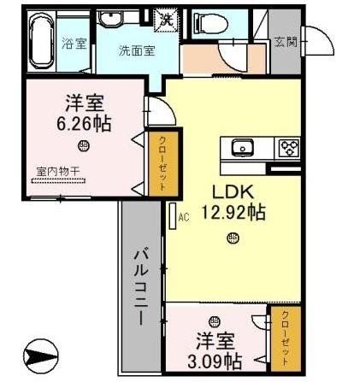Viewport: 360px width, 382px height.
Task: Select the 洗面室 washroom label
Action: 136,49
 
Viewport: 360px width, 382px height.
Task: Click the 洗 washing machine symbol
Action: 168,16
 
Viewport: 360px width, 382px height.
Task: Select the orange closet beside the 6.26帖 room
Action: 158,162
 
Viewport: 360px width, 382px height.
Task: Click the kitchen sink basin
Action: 242,147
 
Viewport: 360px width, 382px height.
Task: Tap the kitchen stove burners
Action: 288,148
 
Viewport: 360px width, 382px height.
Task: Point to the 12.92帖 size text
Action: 232,213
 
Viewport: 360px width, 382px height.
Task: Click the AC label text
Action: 183,217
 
